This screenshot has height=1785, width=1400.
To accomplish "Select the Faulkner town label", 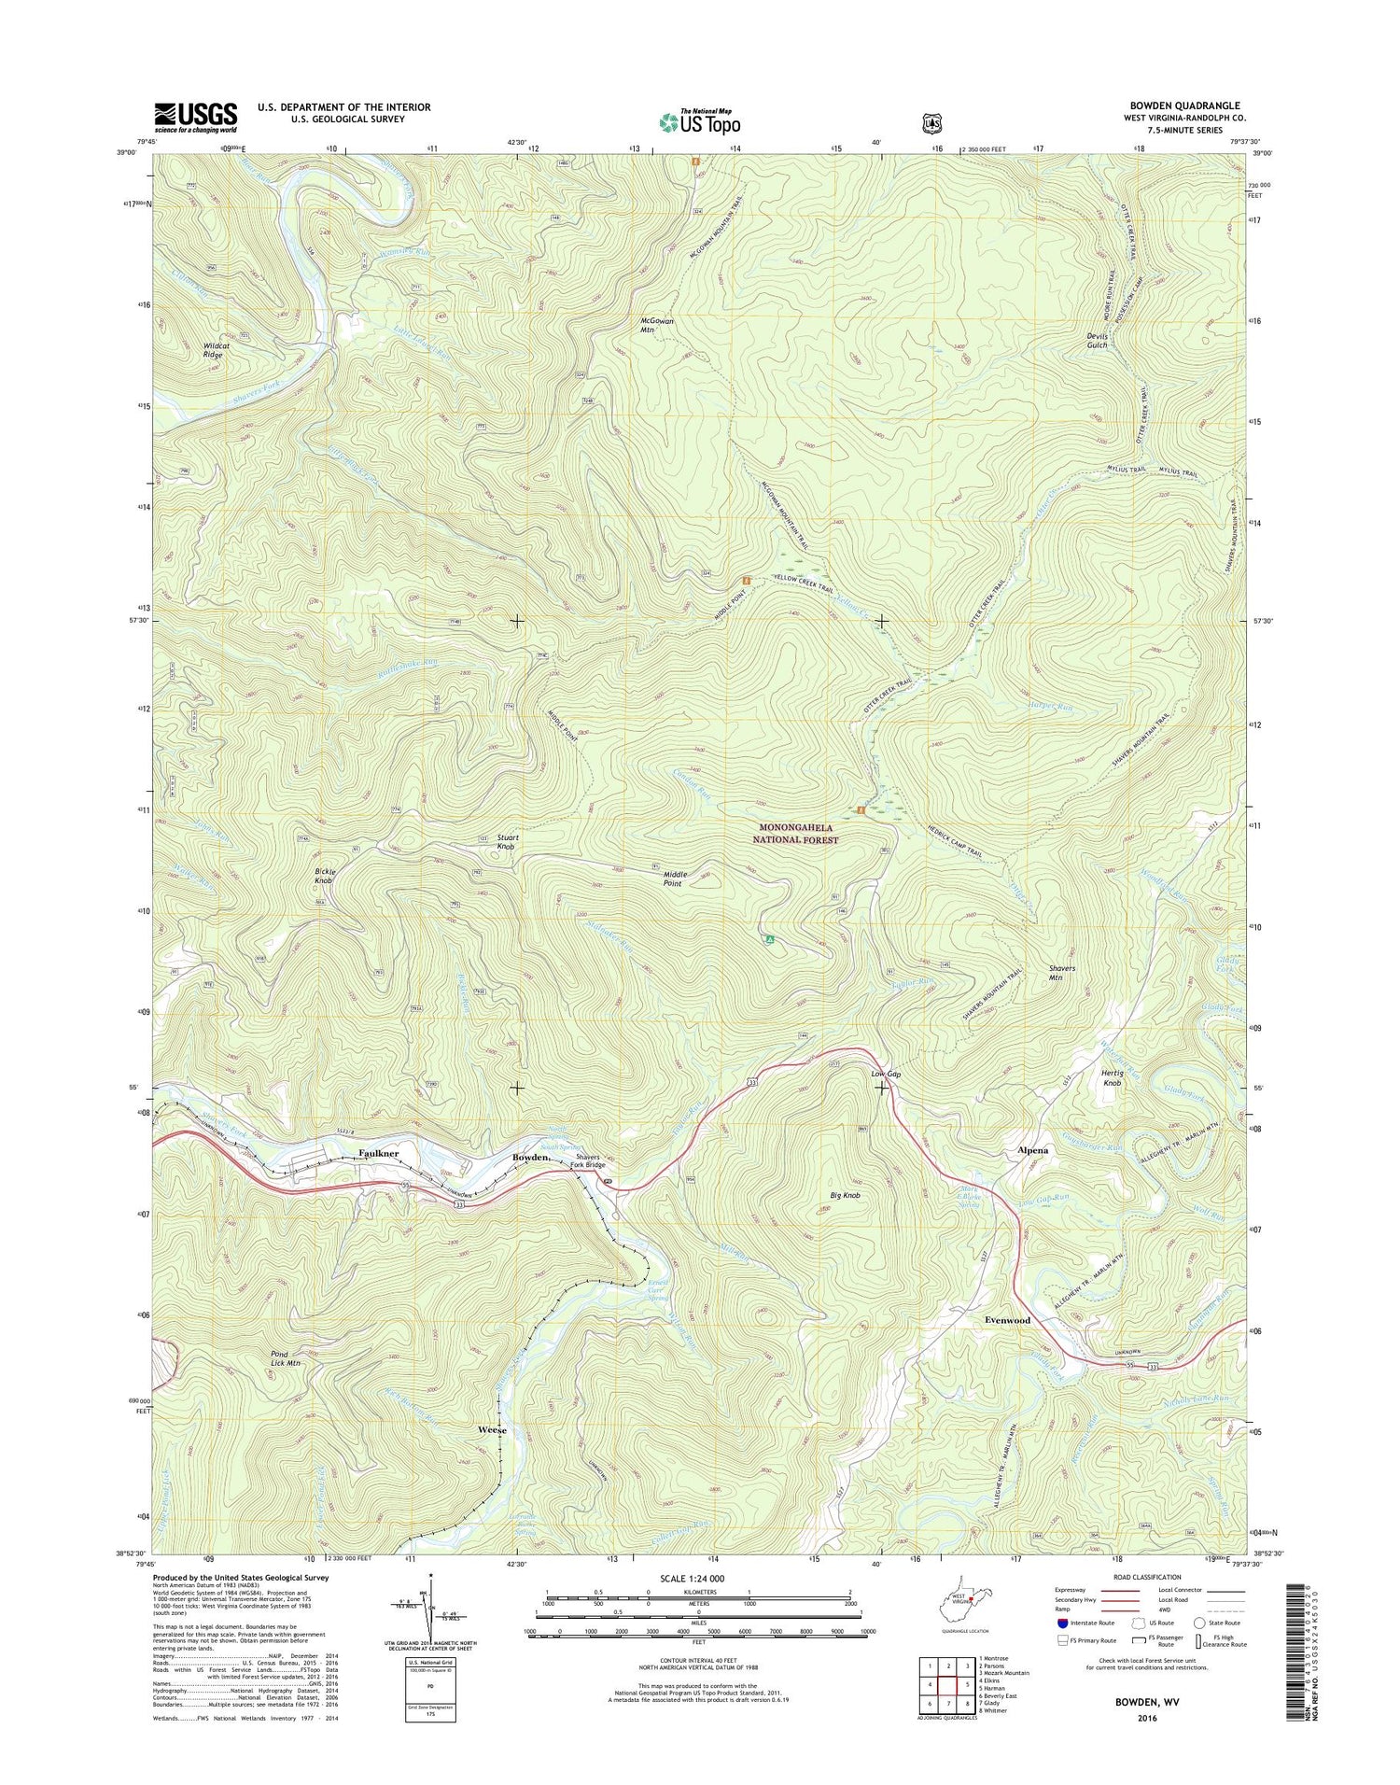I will [379, 1154].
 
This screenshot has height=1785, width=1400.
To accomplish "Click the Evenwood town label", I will [1007, 1320].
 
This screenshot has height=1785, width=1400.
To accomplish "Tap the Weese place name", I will [492, 1430].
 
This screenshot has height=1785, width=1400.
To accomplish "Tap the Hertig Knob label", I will [1112, 1078].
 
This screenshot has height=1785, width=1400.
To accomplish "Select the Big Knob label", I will [844, 1195].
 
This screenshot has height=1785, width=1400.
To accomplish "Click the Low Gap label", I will [885, 1075].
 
